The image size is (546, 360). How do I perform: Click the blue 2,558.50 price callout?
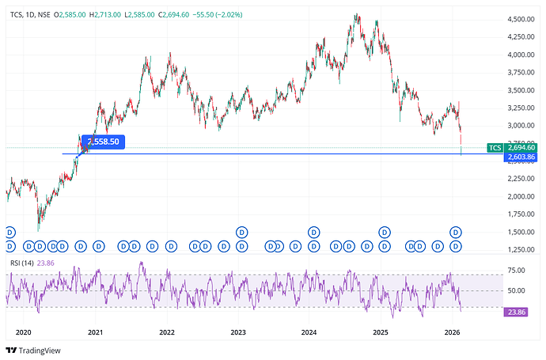[104, 142]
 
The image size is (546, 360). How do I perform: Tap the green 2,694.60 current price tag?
[521, 148]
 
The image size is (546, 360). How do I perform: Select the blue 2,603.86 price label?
[521, 158]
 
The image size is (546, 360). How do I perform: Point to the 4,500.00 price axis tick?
[522, 19]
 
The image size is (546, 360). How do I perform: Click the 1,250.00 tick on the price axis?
[522, 249]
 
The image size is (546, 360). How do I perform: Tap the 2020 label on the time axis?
[24, 332]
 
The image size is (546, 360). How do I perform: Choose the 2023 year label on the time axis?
[238, 332]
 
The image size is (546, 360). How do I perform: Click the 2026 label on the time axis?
[452, 332]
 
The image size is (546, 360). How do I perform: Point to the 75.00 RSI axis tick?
[516, 270]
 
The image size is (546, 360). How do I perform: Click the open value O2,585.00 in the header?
[69, 15]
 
